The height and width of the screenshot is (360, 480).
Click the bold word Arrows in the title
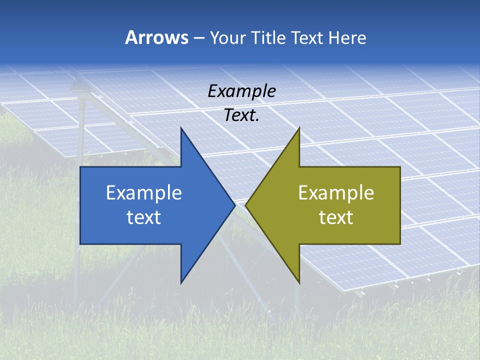[156, 37]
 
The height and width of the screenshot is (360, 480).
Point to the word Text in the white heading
[308, 37]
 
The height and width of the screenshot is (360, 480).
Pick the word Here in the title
[348, 37]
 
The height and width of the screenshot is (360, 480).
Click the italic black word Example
[241, 91]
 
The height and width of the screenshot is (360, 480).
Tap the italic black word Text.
[241, 115]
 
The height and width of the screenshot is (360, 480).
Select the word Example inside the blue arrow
[144, 192]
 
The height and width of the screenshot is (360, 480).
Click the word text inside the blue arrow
[144, 217]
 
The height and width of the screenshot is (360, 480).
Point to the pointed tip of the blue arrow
[235, 205]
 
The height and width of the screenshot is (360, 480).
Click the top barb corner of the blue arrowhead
[181, 128]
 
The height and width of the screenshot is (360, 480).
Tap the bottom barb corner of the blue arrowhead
[181, 283]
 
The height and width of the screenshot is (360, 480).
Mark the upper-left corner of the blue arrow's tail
[80, 167]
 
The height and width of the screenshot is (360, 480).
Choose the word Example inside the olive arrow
[336, 192]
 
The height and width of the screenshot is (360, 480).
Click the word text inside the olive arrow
[336, 217]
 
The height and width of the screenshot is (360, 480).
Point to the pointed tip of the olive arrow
[245, 205]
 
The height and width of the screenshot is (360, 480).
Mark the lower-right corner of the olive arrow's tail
[400, 244]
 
